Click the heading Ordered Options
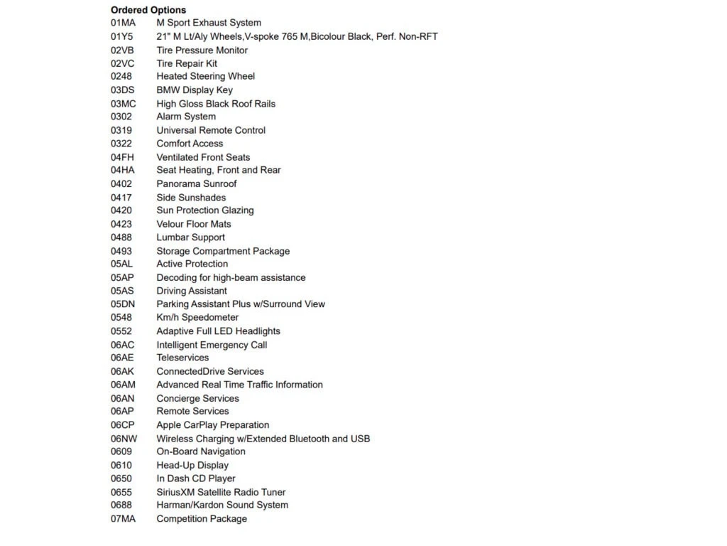pyautogui.click(x=148, y=10)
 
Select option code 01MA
pyautogui.click(x=123, y=23)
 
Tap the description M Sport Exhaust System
pyautogui.click(x=209, y=23)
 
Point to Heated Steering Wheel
pyautogui.click(x=206, y=76)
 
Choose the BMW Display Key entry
pyautogui.click(x=195, y=90)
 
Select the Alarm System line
pyautogui.click(x=186, y=117)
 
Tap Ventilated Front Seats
pyautogui.click(x=203, y=157)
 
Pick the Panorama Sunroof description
pyautogui.click(x=197, y=183)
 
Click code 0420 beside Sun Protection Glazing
pyautogui.click(x=121, y=210)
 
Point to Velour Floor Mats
pyautogui.click(x=194, y=224)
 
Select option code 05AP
pyautogui.click(x=122, y=277)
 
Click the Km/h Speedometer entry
pyautogui.click(x=197, y=317)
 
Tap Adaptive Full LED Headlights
pyautogui.click(x=218, y=331)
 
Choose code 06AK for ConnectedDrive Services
pyautogui.click(x=122, y=371)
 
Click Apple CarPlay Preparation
pyautogui.click(x=213, y=425)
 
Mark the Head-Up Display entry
pyautogui.click(x=192, y=465)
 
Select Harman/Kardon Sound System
pyautogui.click(x=222, y=505)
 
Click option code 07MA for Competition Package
pyautogui.click(x=123, y=518)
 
